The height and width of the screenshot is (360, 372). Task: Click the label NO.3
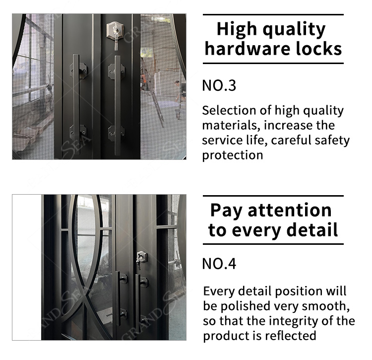click(x=219, y=85)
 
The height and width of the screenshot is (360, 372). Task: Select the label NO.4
click(x=219, y=264)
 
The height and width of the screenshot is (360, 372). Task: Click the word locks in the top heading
click(x=318, y=49)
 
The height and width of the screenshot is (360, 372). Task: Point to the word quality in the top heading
click(x=294, y=29)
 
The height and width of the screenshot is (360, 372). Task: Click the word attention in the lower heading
click(x=290, y=211)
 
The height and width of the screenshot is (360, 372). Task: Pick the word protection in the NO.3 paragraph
click(x=233, y=155)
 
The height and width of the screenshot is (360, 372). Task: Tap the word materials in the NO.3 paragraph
click(x=230, y=126)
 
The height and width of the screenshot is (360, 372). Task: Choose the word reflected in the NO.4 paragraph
click(x=290, y=336)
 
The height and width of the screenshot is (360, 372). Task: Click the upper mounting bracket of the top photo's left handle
click(x=78, y=71)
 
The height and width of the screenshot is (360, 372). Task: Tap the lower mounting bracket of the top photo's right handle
click(x=116, y=134)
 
